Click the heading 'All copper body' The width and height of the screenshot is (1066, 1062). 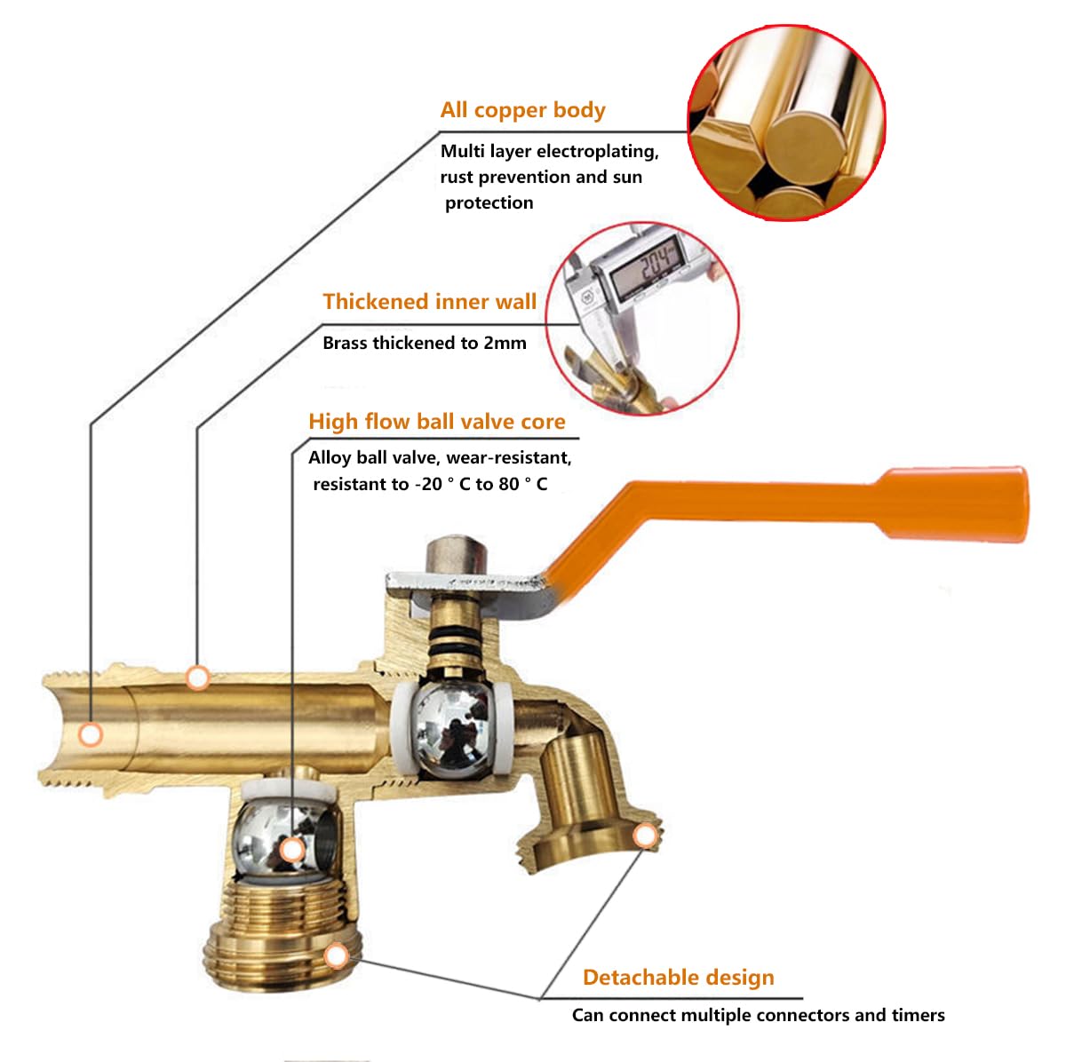point(522,110)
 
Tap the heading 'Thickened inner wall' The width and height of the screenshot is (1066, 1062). point(429,302)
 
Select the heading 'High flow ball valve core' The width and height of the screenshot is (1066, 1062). point(436,422)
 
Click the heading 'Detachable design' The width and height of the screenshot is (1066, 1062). point(678,978)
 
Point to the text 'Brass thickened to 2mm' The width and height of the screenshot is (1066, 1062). point(424,343)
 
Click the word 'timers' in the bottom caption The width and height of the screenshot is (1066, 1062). point(919,1015)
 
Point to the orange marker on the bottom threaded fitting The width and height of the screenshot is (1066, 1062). point(335,956)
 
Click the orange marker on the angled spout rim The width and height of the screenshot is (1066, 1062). point(645,836)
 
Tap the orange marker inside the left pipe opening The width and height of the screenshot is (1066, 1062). point(90,734)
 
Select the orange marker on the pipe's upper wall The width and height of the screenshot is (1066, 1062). point(197,678)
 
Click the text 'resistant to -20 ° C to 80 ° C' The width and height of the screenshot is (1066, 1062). point(429,485)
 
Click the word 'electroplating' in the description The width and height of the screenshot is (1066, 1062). point(597,151)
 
